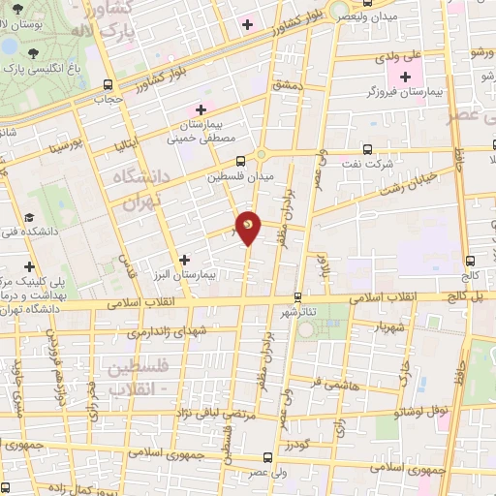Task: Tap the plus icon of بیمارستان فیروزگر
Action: (405, 77)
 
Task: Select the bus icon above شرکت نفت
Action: (365, 150)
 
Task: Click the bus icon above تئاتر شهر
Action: (298, 296)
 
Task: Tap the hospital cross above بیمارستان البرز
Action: (184, 260)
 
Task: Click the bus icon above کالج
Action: (470, 261)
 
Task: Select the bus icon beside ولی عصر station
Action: (267, 458)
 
